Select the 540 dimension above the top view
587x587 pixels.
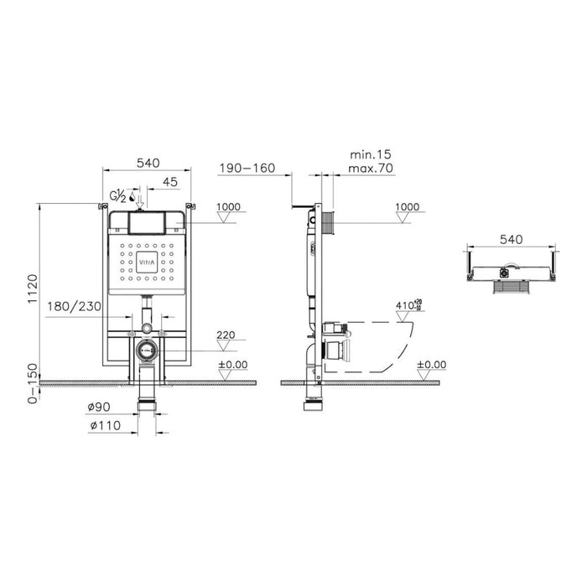point(511,239)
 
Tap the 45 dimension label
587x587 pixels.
point(169,181)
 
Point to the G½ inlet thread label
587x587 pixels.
point(117,197)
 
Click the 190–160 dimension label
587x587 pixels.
point(247,169)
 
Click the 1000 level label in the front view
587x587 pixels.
point(227,206)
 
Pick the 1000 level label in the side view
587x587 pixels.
point(407,206)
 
